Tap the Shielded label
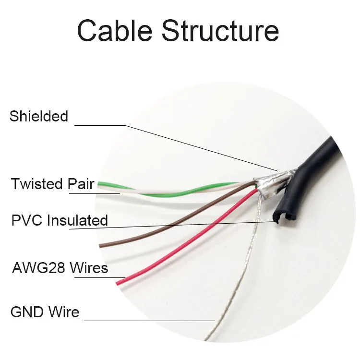(x=39, y=116)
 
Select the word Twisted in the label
(x=37, y=184)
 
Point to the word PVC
(x=26, y=220)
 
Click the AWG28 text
(x=38, y=267)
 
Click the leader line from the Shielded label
(x=192, y=144)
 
